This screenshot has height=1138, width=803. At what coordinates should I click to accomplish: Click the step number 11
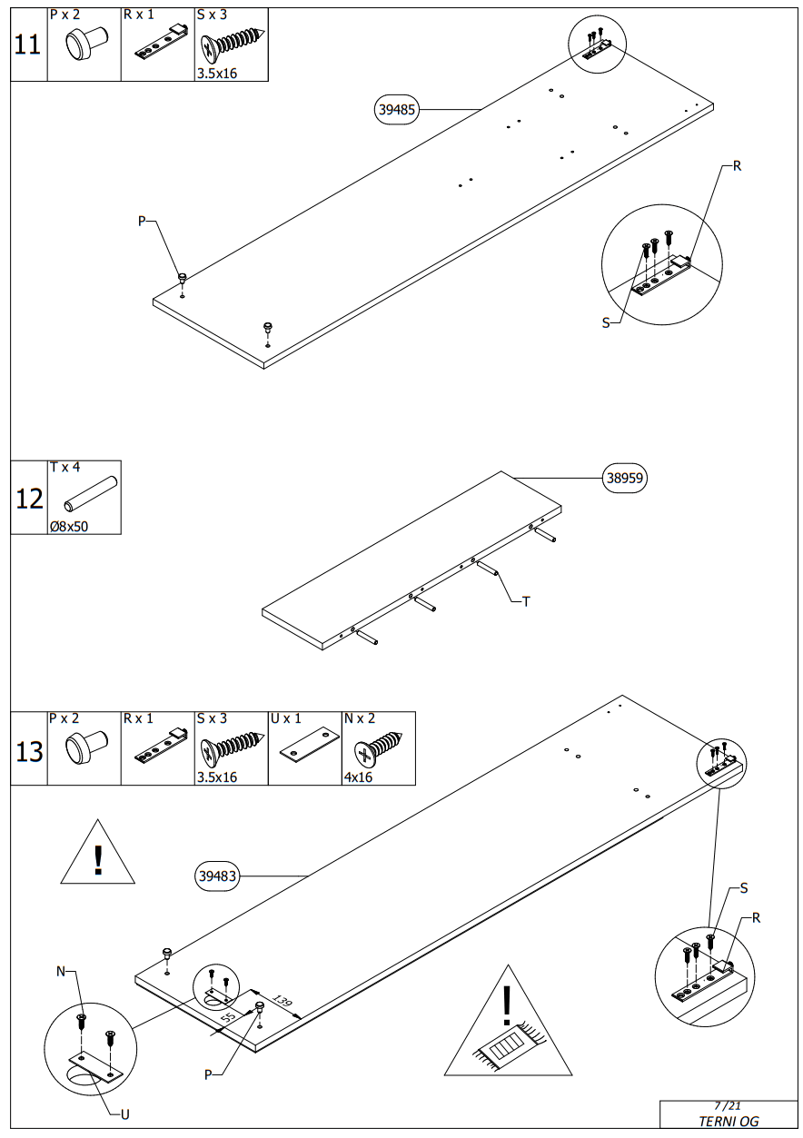coord(28,45)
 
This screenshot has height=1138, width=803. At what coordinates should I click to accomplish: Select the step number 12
coord(29,499)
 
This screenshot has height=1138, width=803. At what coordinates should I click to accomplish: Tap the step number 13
coord(29,751)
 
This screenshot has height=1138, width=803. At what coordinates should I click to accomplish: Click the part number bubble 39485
coord(397,110)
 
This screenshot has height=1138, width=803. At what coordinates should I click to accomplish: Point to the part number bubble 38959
coord(626,479)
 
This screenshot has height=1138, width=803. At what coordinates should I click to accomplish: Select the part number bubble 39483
coord(218,876)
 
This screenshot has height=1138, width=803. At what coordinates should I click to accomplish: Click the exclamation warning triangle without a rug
coord(98,854)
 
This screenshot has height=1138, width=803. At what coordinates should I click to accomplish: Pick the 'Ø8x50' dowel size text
coord(69,526)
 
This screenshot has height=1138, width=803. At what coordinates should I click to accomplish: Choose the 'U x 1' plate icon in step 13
coord(304,745)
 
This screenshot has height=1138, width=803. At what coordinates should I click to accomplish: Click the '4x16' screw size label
coord(358,777)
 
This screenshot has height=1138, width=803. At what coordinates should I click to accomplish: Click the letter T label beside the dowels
coord(526,601)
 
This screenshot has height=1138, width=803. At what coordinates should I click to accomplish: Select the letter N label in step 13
coord(62,972)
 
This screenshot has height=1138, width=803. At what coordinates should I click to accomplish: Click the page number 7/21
coord(728,1105)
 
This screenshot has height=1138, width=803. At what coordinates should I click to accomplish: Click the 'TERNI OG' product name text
coord(728,1121)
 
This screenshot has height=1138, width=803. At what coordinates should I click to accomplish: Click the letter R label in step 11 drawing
coord(737,166)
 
